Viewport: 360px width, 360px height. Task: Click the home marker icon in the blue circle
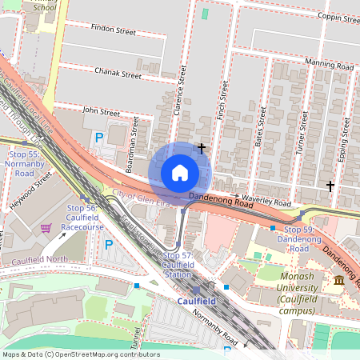180,173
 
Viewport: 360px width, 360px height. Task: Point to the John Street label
100,111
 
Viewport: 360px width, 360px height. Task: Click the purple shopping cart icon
46,228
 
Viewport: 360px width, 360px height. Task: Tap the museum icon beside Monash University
339,279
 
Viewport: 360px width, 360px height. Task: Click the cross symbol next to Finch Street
202,148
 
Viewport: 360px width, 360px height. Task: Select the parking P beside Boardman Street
99,138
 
